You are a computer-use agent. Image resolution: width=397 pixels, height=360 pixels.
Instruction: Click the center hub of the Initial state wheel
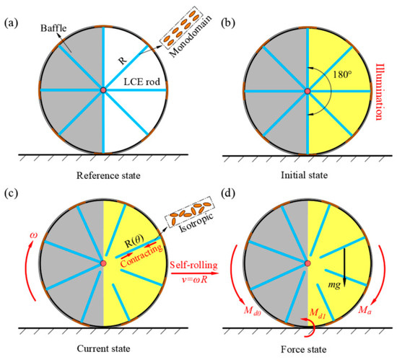[308, 90]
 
